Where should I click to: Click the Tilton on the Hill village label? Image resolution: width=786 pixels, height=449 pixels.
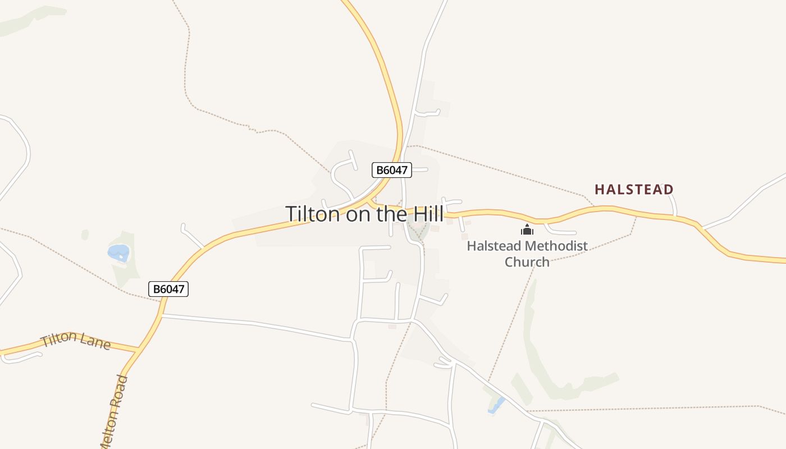click(364, 214)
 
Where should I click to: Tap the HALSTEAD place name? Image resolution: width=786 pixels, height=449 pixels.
click(634, 189)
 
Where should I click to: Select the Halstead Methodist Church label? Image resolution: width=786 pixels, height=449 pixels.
click(527, 254)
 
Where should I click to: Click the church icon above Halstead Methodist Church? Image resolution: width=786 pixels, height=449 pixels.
click(527, 230)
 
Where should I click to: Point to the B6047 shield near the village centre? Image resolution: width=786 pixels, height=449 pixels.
click(392, 170)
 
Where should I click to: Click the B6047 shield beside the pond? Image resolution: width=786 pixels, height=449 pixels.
click(168, 289)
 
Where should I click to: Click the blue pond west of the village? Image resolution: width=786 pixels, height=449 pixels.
click(118, 253)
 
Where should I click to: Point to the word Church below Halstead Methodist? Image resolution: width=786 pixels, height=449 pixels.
click(527, 262)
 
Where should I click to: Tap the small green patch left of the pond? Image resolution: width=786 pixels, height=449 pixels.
click(85, 235)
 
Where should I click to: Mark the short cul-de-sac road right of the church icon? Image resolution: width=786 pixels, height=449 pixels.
click(561, 231)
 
